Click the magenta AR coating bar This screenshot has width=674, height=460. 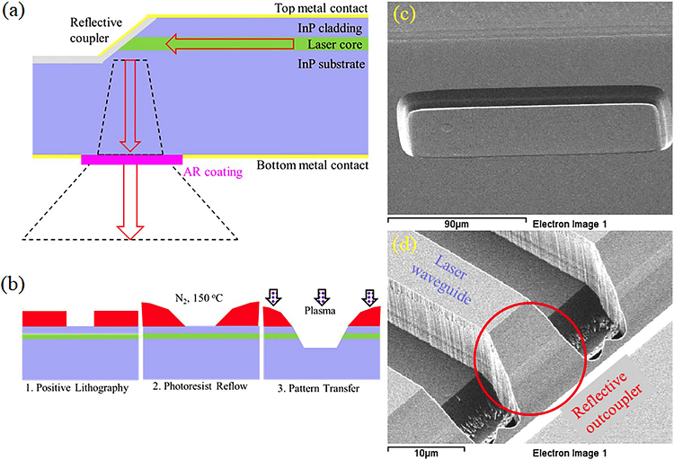131,159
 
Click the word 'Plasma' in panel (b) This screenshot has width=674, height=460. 320,304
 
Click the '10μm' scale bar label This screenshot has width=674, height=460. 403,450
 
